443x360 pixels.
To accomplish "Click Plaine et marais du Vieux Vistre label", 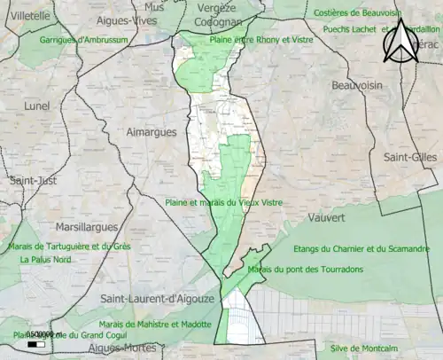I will pos(223,202).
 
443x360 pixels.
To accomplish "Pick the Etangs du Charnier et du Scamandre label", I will pos(361,248).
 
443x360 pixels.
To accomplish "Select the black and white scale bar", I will pos(37,343).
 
